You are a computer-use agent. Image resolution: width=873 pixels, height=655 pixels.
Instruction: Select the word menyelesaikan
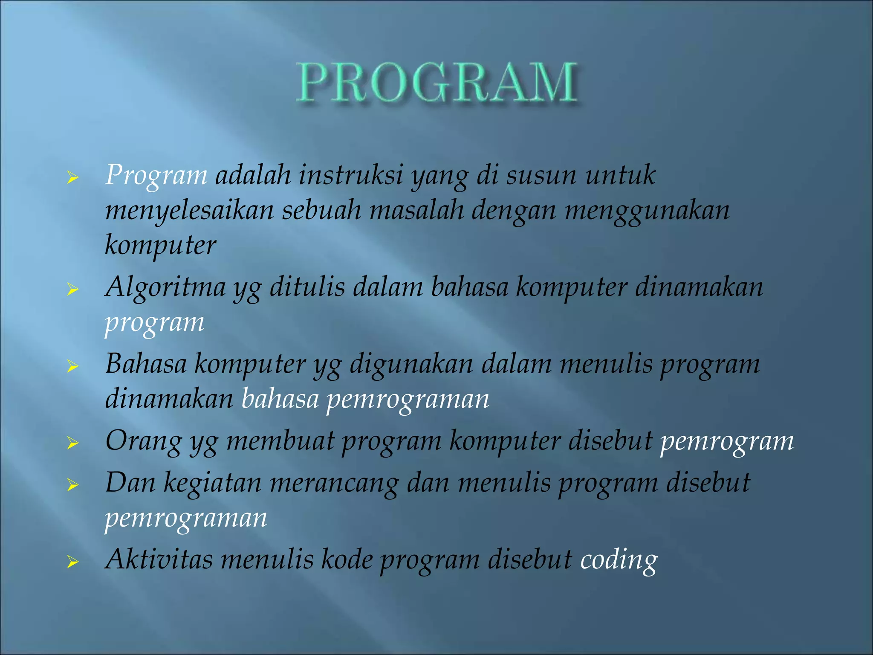(189, 211)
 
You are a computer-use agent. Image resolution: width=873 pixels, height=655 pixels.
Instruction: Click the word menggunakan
(647, 211)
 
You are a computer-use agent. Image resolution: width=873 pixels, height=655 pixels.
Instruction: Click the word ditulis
(307, 287)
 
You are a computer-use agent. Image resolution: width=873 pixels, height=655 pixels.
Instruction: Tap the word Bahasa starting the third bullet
(146, 364)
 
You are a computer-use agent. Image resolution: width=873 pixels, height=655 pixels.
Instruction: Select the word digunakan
(411, 365)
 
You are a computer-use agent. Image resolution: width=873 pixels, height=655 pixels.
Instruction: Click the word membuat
(280, 441)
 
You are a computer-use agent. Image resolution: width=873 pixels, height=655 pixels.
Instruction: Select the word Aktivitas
(159, 559)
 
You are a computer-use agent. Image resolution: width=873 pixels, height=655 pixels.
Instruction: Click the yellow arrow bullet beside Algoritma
(73, 290)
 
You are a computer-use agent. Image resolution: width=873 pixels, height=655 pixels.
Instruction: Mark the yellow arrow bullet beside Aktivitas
(73, 562)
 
